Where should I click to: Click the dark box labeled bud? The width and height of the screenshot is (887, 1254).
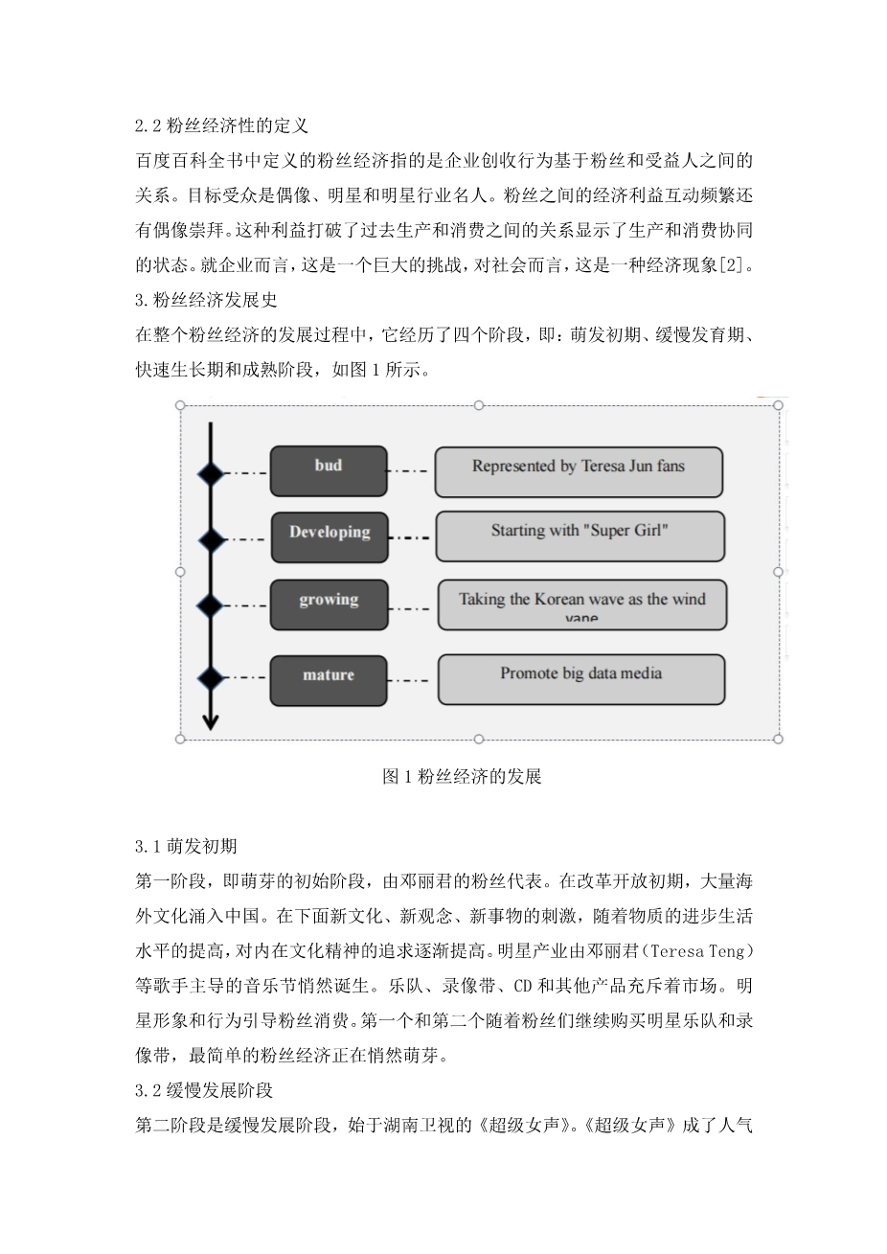[329, 470]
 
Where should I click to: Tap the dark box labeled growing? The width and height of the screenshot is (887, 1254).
[330, 604]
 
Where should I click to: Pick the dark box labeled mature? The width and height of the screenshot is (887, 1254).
[329, 680]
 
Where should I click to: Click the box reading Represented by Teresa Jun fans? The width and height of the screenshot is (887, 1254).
[579, 471]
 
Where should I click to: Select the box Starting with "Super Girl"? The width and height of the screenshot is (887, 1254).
[580, 536]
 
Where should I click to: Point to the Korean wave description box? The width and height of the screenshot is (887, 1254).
[581, 604]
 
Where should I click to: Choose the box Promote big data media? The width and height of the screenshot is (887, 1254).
[580, 679]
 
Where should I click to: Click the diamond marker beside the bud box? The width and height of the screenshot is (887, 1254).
[210, 472]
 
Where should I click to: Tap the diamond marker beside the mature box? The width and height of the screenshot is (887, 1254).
[210, 678]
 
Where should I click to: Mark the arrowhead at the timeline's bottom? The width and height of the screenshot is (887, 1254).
[210, 722]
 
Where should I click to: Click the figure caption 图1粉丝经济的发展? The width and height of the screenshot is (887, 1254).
[462, 776]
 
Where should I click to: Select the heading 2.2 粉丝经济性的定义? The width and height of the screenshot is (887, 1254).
[221, 125]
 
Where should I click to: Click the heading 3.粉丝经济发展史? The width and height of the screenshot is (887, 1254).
[207, 300]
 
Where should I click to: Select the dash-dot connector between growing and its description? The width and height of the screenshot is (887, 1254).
[413, 607]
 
